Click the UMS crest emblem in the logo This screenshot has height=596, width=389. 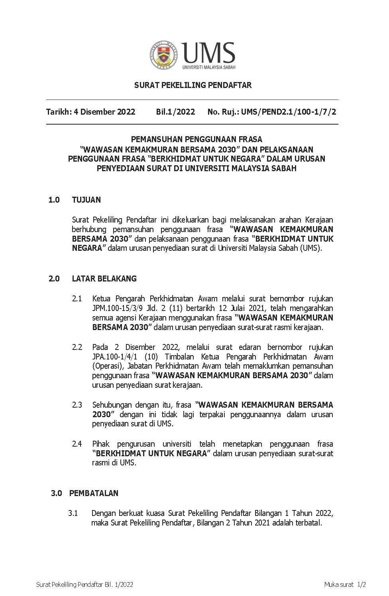[164, 55]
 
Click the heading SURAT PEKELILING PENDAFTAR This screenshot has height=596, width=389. [193, 85]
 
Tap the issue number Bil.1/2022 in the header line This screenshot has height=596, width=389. [175, 112]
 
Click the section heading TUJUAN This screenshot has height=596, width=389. [86, 200]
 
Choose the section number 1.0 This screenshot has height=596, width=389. [54, 200]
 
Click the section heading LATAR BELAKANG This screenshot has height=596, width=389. [104, 279]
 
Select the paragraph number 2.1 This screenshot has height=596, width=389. [77, 299]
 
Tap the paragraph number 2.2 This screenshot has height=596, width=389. [77, 347]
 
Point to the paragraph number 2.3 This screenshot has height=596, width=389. [77, 405]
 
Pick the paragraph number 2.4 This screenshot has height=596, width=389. [77, 444]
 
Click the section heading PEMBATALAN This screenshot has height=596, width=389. [94, 493]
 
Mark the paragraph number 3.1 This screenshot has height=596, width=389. [73, 513]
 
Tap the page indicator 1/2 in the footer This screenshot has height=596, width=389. [361, 584]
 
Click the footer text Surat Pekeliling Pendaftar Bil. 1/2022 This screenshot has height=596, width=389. [84, 584]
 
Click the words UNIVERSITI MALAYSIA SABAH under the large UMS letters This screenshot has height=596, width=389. [208, 67]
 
